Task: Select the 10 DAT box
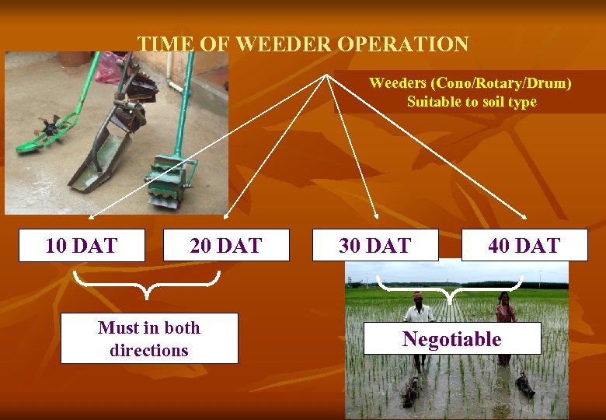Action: pyautogui.click(x=82, y=246)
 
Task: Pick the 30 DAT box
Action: pyautogui.click(x=375, y=246)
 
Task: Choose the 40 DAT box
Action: pyautogui.click(x=524, y=246)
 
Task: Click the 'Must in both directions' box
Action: pyautogui.click(x=149, y=338)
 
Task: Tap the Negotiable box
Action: pyautogui.click(x=452, y=339)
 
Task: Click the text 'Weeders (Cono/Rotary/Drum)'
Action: pyautogui.click(x=469, y=83)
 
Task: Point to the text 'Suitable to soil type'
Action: pyautogui.click(x=472, y=102)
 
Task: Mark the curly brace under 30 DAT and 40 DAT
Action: pyautogui.click(x=450, y=288)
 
